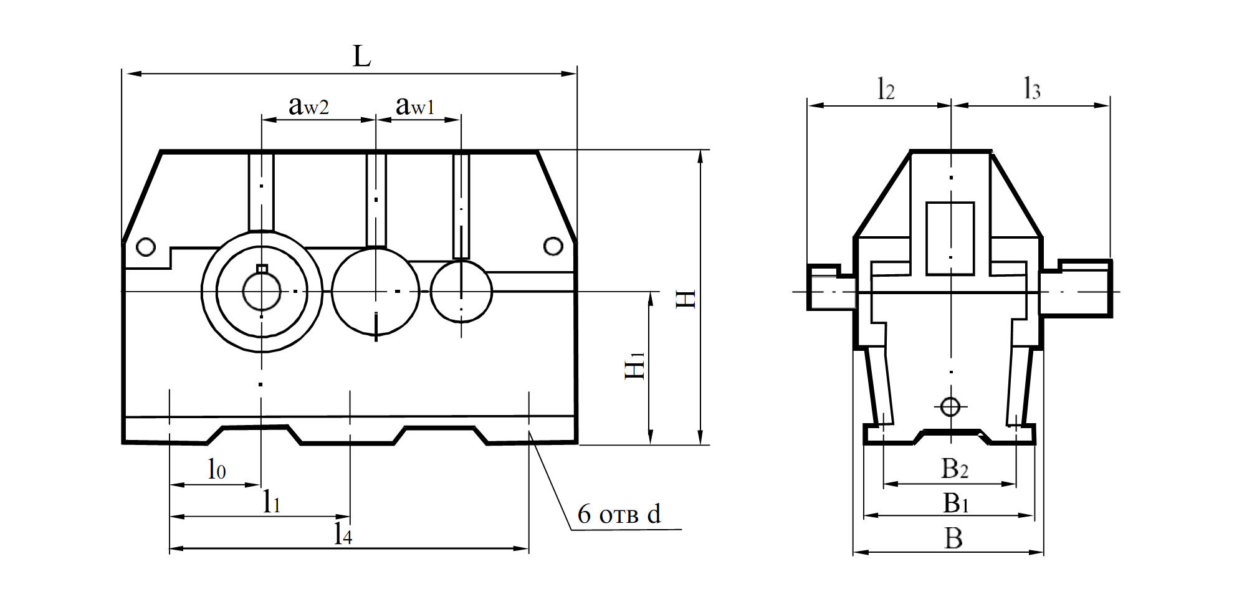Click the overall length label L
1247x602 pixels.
[361, 57]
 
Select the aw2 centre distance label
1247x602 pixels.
[308, 106]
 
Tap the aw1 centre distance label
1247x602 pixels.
[415, 106]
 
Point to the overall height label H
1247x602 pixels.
[686, 299]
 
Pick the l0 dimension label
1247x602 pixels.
[216, 469]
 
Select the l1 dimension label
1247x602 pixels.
[271, 501]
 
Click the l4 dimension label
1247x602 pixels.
[343, 533]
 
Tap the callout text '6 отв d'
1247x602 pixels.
[619, 515]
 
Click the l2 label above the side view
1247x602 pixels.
[886, 90]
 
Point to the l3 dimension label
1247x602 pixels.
[1032, 90]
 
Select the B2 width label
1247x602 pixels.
[954, 469]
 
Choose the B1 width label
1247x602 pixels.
[955, 503]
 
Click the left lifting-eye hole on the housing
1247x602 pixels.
[145, 247]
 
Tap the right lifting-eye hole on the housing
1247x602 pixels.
[553, 246]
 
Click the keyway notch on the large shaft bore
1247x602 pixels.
[262, 269]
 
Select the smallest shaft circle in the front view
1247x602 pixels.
[461, 291]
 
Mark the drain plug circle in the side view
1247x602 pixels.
[950, 407]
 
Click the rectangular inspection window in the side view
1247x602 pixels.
[950, 238]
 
